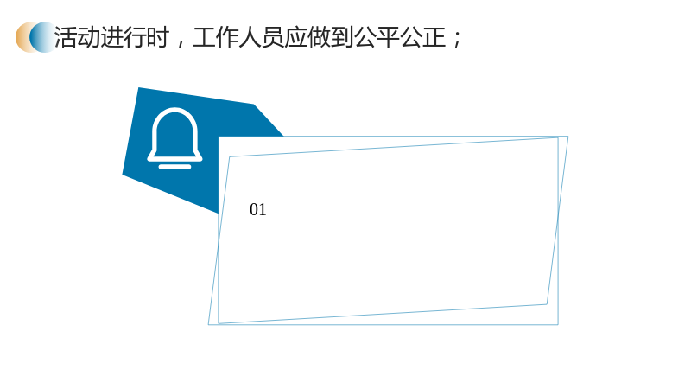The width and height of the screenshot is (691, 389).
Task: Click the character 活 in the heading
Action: [x=66, y=37]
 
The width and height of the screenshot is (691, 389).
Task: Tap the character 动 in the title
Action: [x=89, y=37]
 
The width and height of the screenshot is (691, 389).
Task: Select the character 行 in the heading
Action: [x=135, y=37]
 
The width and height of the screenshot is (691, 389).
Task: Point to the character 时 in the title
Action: [x=158, y=37]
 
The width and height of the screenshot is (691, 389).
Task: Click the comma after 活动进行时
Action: [x=180, y=44]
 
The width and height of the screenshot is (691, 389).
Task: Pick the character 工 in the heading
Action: [x=205, y=37]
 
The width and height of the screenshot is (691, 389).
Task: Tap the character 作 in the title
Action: [x=227, y=37]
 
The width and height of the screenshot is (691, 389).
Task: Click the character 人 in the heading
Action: [x=250, y=37]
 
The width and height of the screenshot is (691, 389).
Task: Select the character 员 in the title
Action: [x=274, y=37]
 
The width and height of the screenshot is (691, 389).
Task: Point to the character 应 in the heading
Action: [x=297, y=37]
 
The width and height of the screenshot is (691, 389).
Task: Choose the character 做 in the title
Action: [x=320, y=37]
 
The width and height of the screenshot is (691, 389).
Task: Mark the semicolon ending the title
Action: [x=456, y=39]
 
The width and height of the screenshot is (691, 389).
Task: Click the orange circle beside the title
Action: [x=22, y=37]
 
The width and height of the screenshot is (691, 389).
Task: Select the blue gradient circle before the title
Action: [x=43, y=37]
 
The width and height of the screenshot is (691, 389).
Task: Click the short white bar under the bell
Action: [x=175, y=167]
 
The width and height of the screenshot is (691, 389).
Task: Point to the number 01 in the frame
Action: [x=257, y=209]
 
